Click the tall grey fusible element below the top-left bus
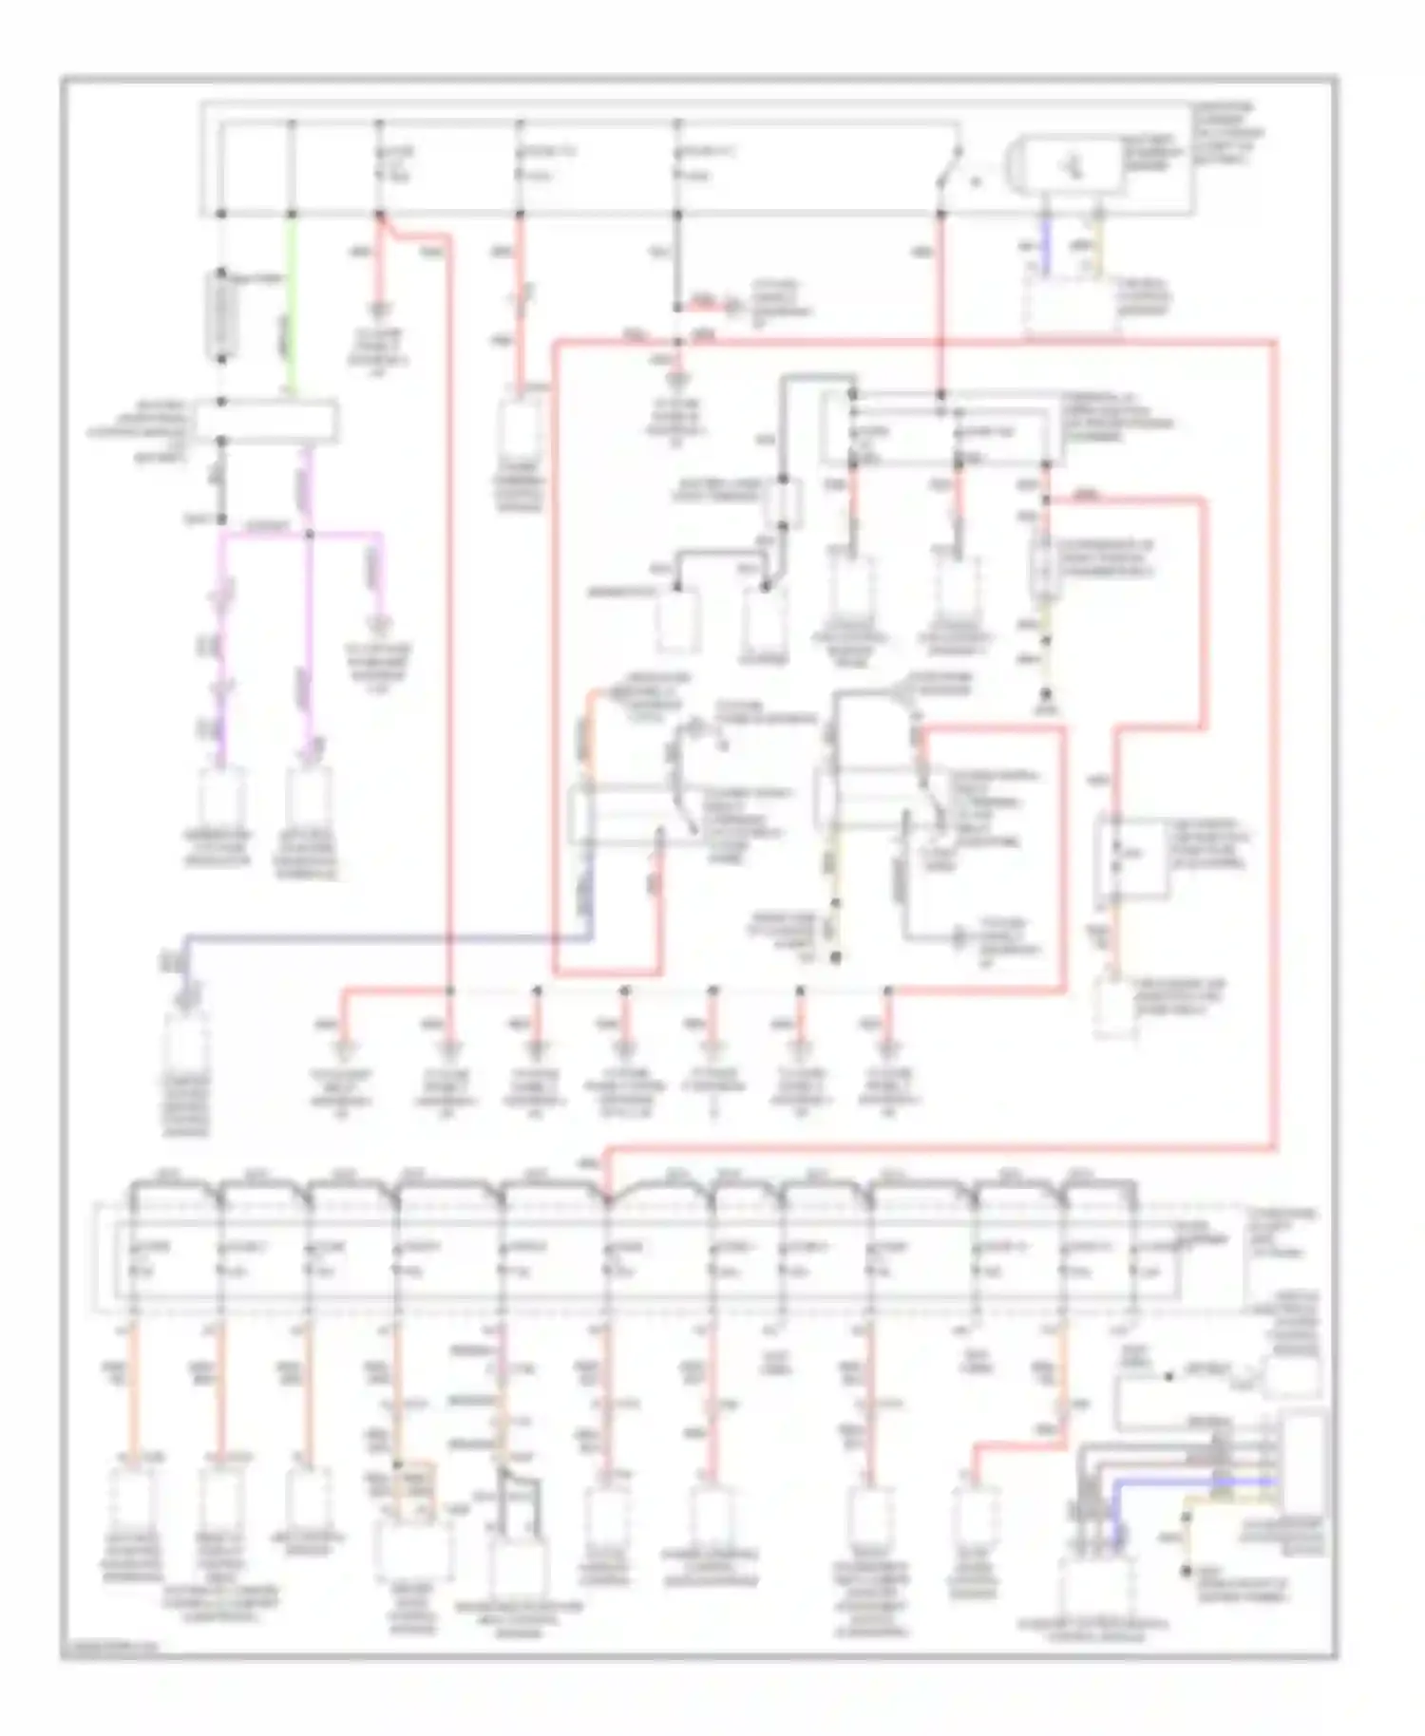[x=221, y=316]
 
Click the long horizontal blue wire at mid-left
[x=380, y=937]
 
